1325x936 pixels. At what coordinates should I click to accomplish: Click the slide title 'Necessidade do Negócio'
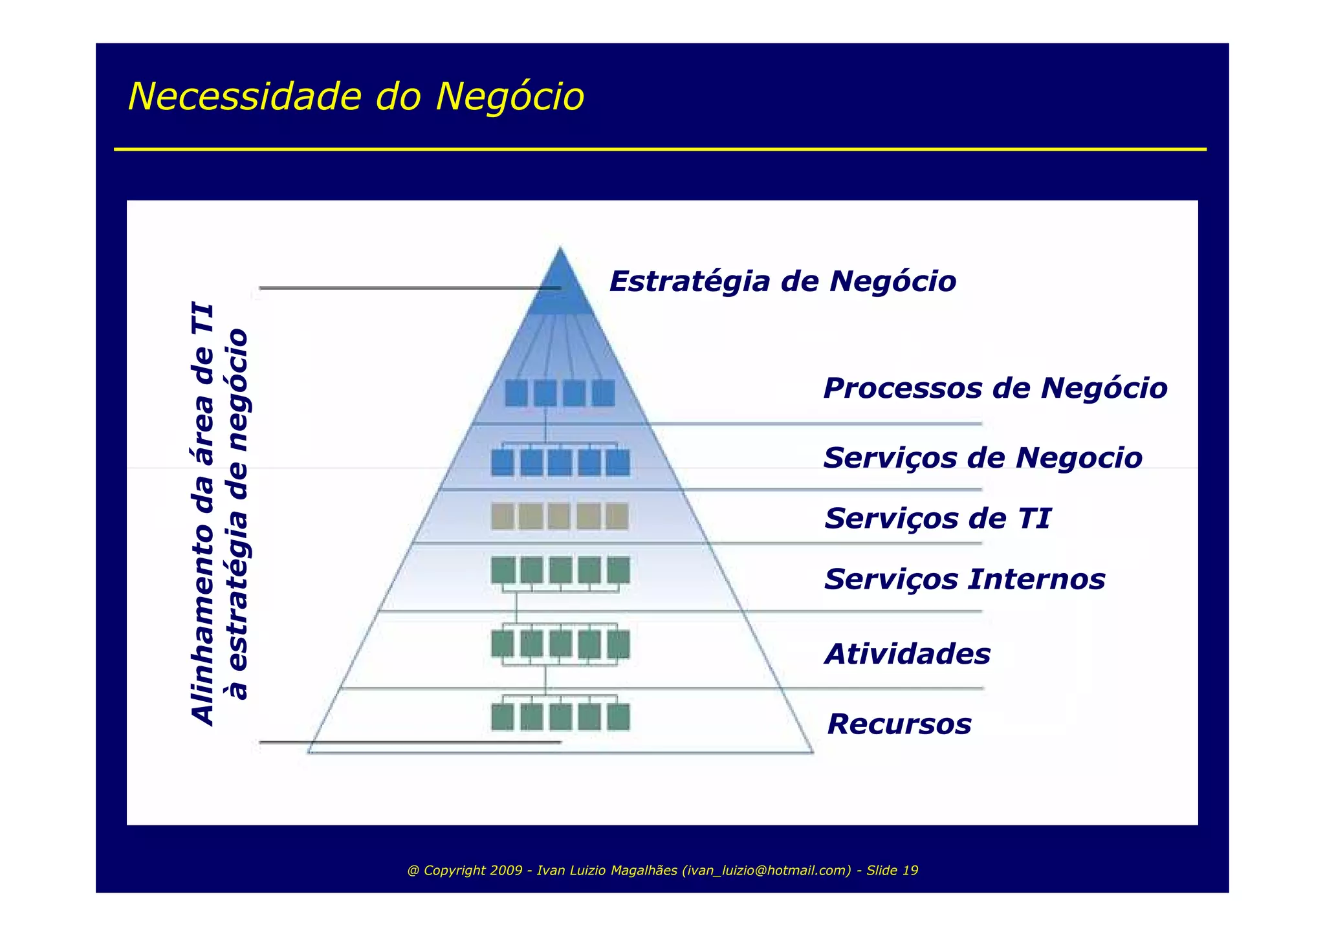click(356, 97)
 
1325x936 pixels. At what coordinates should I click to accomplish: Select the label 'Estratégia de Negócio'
click(782, 281)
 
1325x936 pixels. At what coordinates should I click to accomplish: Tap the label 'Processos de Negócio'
click(995, 388)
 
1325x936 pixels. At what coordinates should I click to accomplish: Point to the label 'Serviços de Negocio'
click(982, 458)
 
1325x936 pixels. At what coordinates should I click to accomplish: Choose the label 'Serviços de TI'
click(937, 518)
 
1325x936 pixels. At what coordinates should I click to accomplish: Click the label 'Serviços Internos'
click(965, 579)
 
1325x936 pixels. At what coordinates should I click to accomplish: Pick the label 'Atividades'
click(907, 654)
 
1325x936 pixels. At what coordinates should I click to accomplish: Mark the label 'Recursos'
click(899, 724)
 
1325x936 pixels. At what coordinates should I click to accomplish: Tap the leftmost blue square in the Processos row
click(516, 393)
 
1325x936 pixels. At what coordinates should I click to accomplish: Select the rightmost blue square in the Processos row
click(604, 393)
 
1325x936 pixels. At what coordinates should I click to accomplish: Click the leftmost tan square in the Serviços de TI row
click(503, 517)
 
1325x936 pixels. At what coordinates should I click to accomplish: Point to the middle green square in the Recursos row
click(560, 717)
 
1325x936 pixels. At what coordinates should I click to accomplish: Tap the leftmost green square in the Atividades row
click(503, 644)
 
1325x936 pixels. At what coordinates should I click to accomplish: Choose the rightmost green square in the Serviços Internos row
click(619, 571)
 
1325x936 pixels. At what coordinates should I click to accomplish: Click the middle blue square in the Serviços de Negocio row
click(560, 463)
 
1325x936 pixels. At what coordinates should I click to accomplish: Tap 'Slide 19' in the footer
click(892, 871)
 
